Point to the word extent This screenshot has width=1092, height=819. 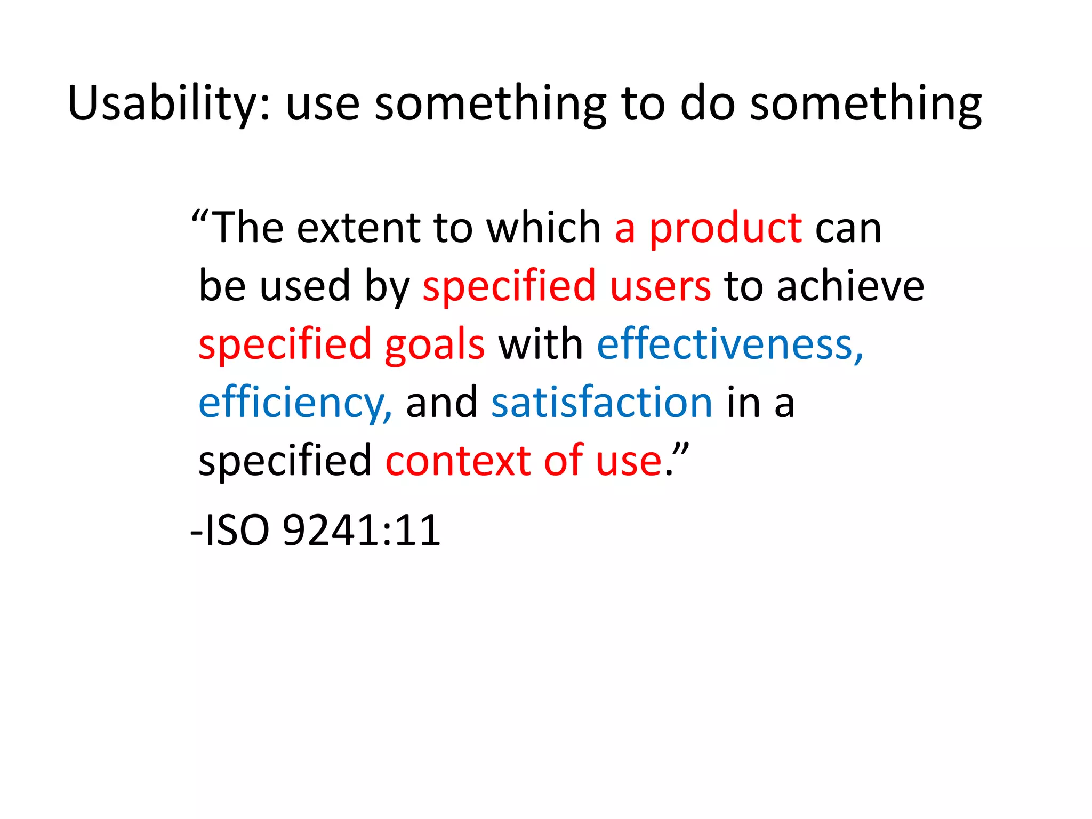pyautogui.click(x=358, y=228)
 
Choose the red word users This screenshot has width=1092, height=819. pyautogui.click(x=660, y=286)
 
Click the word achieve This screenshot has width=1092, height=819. pyautogui.click(x=850, y=286)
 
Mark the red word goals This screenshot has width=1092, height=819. pyautogui.click(x=435, y=346)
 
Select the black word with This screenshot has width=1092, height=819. pyautogui.click(x=540, y=344)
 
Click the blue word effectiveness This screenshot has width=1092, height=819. pyautogui.click(x=729, y=344)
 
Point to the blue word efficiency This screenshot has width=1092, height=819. pyautogui.click(x=295, y=403)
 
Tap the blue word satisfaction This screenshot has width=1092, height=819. pyautogui.click(x=601, y=403)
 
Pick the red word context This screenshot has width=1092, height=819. pyautogui.click(x=457, y=461)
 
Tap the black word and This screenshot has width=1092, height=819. pyautogui.click(x=441, y=403)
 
